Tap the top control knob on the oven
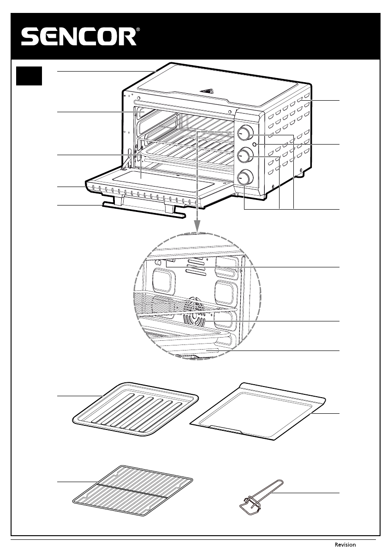coord(246,133)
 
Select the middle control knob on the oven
coord(244,156)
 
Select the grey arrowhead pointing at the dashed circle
coord(197,226)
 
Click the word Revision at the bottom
coord(345,544)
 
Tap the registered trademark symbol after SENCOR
coord(138,30)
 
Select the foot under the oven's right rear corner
coord(301,173)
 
